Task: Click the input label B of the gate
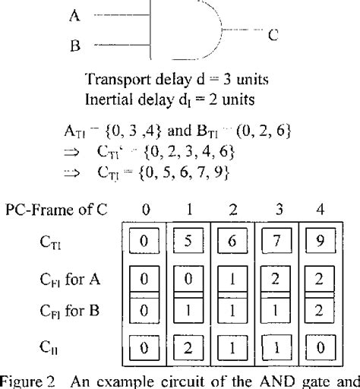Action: tap(74, 46)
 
